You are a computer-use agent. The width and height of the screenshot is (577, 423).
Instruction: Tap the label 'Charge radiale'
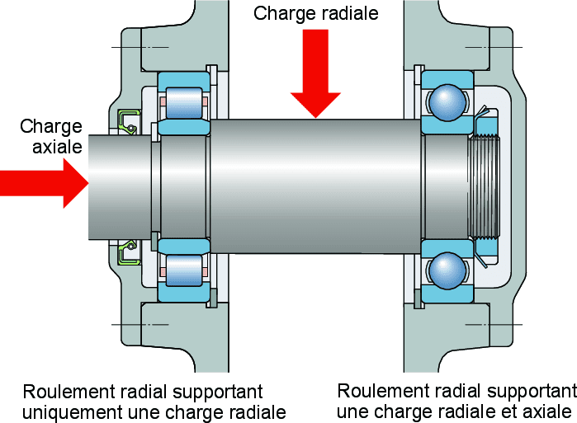[x=315, y=13]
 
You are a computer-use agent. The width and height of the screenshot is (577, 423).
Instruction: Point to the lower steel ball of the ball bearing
[x=447, y=269]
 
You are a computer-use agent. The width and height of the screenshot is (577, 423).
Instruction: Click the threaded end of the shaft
[x=484, y=186]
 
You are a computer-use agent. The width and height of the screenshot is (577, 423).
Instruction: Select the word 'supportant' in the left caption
[x=222, y=392]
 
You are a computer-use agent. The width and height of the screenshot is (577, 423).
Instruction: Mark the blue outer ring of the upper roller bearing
[x=182, y=78]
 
